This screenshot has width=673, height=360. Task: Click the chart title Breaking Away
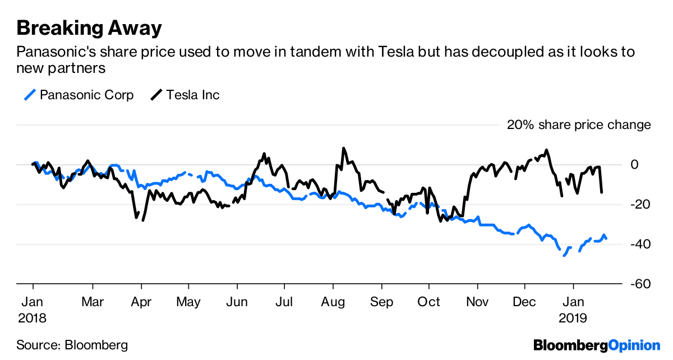coord(89,28)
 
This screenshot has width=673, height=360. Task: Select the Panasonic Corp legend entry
coord(79,95)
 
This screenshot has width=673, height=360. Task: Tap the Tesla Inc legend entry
coord(185,95)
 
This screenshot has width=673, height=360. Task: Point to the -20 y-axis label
coord(640,205)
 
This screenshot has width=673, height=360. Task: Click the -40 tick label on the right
coord(640,244)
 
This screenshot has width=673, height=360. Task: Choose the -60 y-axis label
coord(640,284)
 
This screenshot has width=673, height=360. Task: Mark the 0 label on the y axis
coord(634,165)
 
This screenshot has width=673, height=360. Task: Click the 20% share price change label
coord(579,124)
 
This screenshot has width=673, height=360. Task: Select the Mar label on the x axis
coord(93,302)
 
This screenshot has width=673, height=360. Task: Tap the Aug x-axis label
coord(333,302)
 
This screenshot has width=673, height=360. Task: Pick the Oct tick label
coord(428,302)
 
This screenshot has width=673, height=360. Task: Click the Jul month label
coord(284,302)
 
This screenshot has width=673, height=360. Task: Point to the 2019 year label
coord(573,319)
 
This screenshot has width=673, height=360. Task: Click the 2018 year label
coord(32,319)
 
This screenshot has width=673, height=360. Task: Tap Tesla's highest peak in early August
coord(344,148)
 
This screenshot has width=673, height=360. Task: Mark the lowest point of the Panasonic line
coord(564,256)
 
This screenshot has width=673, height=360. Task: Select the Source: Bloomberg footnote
coord(72,345)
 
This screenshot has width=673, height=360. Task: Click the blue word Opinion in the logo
coord(634,346)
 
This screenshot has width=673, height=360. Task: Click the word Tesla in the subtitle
coord(397,52)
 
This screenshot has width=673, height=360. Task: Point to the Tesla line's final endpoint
coord(601,192)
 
